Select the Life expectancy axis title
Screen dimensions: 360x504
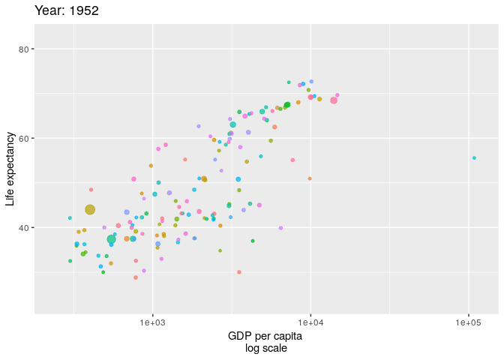[x=10, y=169]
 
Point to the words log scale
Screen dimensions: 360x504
[x=265, y=348]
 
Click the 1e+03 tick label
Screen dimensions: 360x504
[x=152, y=322]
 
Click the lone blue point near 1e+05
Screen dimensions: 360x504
[x=474, y=158]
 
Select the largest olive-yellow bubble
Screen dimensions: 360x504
[x=90, y=210]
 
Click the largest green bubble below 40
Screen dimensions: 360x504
[x=111, y=239]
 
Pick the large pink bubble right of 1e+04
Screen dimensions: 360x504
[x=334, y=100]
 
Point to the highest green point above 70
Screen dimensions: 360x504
[x=289, y=82]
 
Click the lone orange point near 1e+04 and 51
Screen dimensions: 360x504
[x=310, y=178]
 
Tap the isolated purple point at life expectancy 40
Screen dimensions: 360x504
[x=280, y=228]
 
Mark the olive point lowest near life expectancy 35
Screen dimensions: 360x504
[x=220, y=250]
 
